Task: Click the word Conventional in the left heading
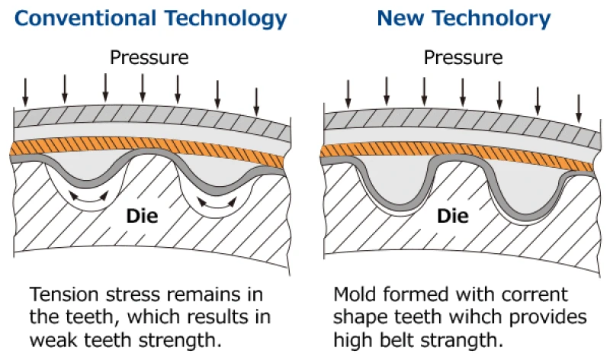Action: pos(85,18)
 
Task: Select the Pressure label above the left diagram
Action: pos(149,58)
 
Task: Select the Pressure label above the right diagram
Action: pos(463,58)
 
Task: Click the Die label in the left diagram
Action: pos(142,216)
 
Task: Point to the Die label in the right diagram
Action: pos(453,216)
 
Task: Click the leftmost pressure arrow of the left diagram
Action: pos(25,92)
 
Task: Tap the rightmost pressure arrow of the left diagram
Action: pos(256,102)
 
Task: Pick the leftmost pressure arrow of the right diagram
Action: pos(348,94)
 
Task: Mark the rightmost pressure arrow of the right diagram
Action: pos(579,108)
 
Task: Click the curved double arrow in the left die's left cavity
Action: pos(88,198)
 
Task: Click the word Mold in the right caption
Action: pos(355,294)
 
